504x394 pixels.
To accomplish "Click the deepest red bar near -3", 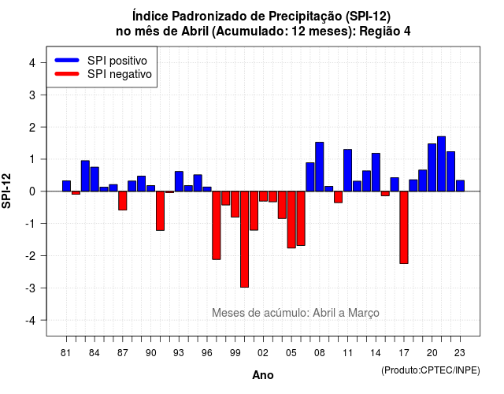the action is [x=244, y=240].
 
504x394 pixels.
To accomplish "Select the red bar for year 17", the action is [x=404, y=228].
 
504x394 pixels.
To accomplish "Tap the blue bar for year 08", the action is [x=319, y=166].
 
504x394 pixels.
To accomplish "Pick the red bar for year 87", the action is [x=123, y=201].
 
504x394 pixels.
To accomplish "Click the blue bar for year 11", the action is [x=347, y=170].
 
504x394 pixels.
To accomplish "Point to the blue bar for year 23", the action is [x=460, y=186].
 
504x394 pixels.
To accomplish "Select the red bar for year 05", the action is [x=291, y=220].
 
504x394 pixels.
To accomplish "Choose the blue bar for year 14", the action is [x=376, y=172].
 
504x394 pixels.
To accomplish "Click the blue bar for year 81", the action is [x=66, y=186].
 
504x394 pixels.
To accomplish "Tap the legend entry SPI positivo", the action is [x=117, y=61].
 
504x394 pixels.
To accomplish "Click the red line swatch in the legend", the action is [x=67, y=74].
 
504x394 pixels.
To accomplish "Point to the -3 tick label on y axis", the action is [x=31, y=288].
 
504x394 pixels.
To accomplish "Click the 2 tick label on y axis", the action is [x=32, y=128].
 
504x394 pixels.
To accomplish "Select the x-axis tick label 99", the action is [x=235, y=353].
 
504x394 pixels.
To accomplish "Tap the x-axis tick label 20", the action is [x=432, y=353].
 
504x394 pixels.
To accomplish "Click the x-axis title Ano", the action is [x=263, y=375].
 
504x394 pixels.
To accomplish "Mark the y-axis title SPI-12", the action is [x=6, y=191].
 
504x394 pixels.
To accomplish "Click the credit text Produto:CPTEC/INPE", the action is [x=431, y=370].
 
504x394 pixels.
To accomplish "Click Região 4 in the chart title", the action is [x=385, y=32].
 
